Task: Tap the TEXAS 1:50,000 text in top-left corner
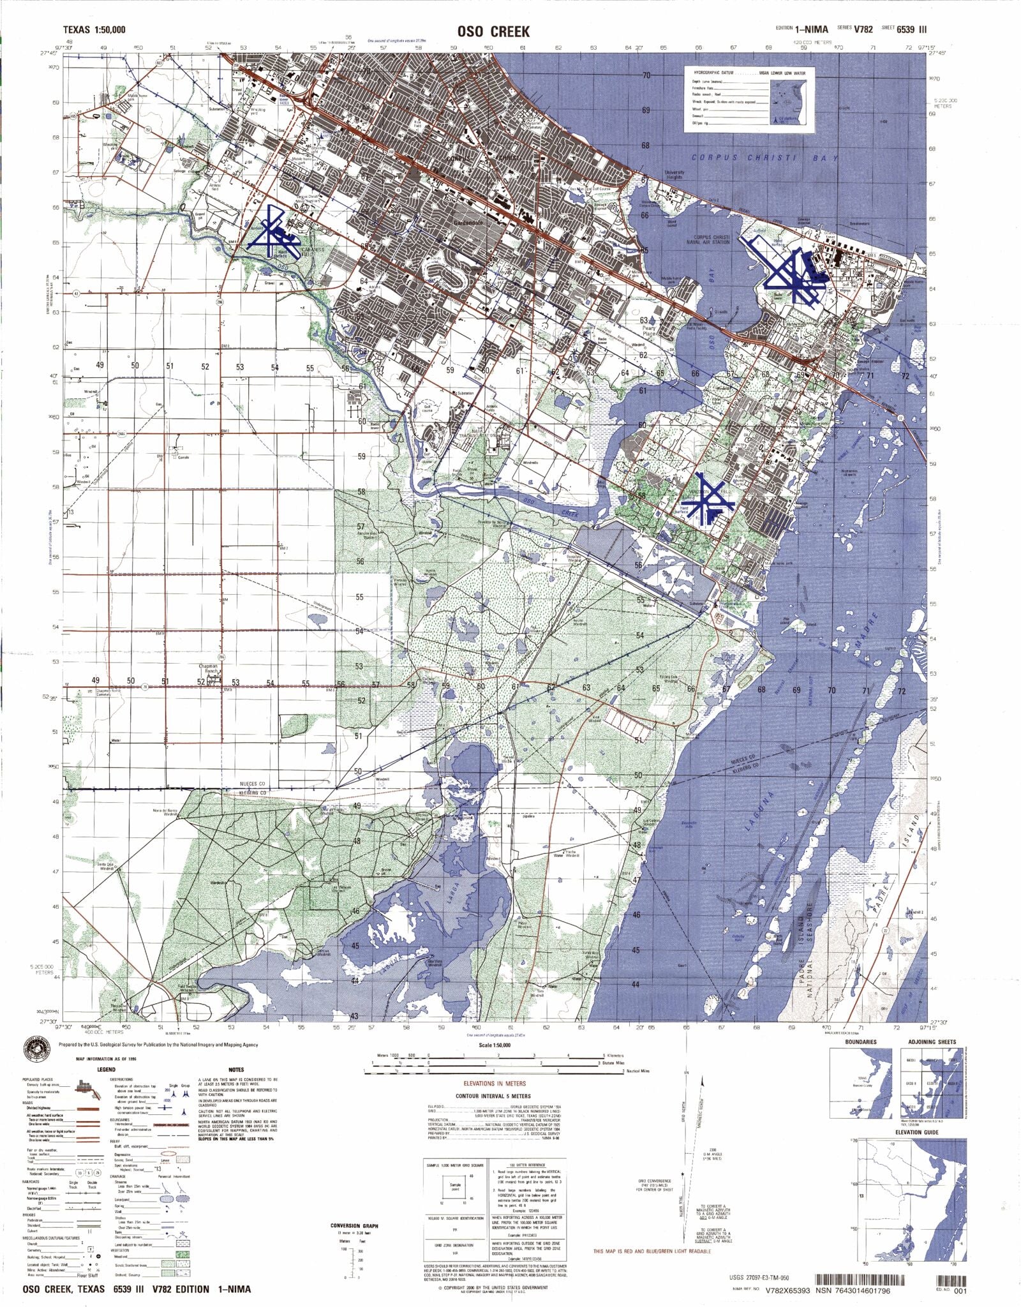(x=94, y=29)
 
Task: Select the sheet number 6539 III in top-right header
(x=912, y=29)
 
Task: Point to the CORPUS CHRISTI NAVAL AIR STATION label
(x=708, y=239)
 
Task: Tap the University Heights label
(x=674, y=174)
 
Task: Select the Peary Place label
(x=649, y=331)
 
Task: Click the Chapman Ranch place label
(x=209, y=668)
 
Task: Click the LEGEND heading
(x=106, y=1070)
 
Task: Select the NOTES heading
(x=236, y=1070)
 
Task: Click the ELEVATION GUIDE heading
(x=917, y=1132)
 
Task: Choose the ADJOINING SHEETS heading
(x=932, y=1042)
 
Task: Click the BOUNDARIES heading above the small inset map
(x=860, y=1042)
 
